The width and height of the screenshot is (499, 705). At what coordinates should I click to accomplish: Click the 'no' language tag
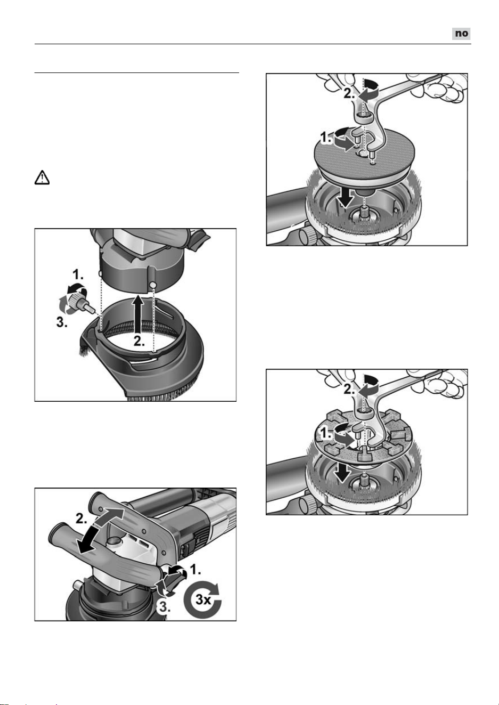pyautogui.click(x=461, y=34)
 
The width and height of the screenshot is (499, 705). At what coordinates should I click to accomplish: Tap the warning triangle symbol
pyautogui.click(x=42, y=178)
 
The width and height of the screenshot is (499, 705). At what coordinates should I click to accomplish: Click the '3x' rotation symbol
pyautogui.click(x=202, y=599)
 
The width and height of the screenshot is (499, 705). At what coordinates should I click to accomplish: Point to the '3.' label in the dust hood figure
pyautogui.click(x=62, y=322)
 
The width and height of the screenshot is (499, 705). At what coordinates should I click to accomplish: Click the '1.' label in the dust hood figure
pyautogui.click(x=78, y=275)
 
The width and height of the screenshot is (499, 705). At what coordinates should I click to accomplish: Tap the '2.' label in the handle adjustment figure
pyautogui.click(x=81, y=518)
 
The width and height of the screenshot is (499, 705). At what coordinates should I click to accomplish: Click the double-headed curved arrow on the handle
pyautogui.click(x=102, y=526)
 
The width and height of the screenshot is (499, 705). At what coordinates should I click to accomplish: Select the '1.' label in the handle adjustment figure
pyautogui.click(x=197, y=569)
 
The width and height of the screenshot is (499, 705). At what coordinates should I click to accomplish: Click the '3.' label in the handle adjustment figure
pyautogui.click(x=164, y=607)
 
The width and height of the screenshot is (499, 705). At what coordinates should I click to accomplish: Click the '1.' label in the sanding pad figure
pyautogui.click(x=326, y=137)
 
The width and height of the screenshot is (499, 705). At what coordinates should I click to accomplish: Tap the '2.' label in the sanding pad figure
pyautogui.click(x=349, y=94)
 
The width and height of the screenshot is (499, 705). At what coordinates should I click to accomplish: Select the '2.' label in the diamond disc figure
pyautogui.click(x=349, y=390)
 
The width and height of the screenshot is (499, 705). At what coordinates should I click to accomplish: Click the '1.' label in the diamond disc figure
pyautogui.click(x=326, y=434)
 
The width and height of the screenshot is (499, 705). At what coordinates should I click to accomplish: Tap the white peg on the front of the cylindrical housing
pyautogui.click(x=153, y=284)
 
